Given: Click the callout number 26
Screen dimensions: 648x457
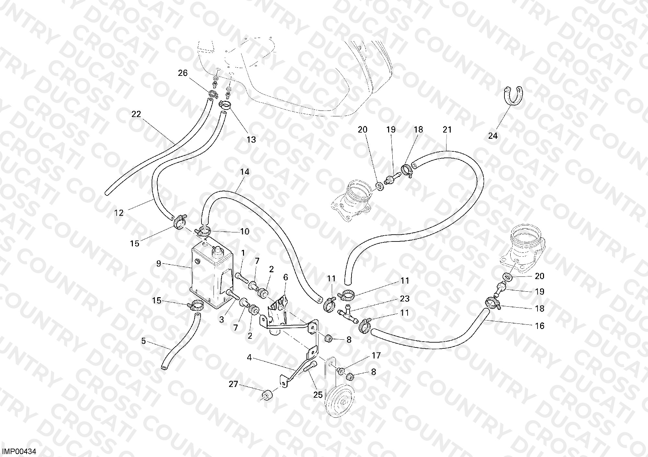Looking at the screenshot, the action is [x=183, y=73].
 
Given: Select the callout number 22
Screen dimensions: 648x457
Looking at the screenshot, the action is [x=136, y=114].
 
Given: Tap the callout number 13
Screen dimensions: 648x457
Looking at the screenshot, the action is [x=251, y=140].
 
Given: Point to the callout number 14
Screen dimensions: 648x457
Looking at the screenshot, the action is [x=245, y=172].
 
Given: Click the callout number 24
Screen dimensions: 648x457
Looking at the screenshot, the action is [x=493, y=136].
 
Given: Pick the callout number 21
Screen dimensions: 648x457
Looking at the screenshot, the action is [x=447, y=130].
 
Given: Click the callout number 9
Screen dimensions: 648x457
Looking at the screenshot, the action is [x=158, y=264].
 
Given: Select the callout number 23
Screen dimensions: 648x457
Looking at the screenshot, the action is [x=405, y=299].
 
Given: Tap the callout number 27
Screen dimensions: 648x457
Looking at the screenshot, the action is [x=234, y=384].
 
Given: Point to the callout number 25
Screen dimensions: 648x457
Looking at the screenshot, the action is [x=318, y=395].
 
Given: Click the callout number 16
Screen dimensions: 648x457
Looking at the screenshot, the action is [x=540, y=325].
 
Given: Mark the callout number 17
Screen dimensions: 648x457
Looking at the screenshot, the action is [x=376, y=356].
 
